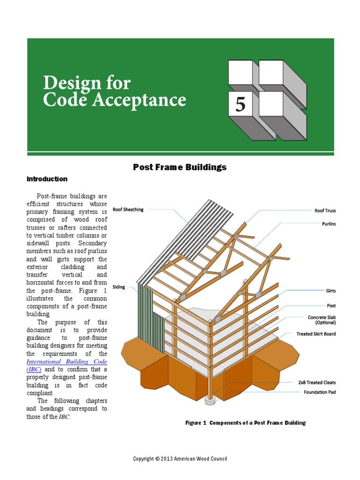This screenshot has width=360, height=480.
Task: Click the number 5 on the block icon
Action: click(x=240, y=104)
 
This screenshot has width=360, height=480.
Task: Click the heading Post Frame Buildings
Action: click(x=180, y=167)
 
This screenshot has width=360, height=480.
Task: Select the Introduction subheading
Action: click(x=47, y=179)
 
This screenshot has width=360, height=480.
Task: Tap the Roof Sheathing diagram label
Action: click(x=128, y=210)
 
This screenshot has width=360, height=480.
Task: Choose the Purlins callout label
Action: click(x=329, y=224)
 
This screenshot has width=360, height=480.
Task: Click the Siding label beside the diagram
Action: click(x=119, y=287)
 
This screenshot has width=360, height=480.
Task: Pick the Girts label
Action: click(x=331, y=291)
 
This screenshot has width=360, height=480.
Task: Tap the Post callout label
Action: click(x=331, y=306)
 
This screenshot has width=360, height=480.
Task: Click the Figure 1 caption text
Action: click(x=246, y=423)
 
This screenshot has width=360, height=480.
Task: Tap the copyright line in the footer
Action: click(x=180, y=459)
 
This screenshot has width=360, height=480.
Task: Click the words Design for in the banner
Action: click(x=87, y=83)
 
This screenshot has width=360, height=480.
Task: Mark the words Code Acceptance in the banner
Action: click(x=114, y=100)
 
